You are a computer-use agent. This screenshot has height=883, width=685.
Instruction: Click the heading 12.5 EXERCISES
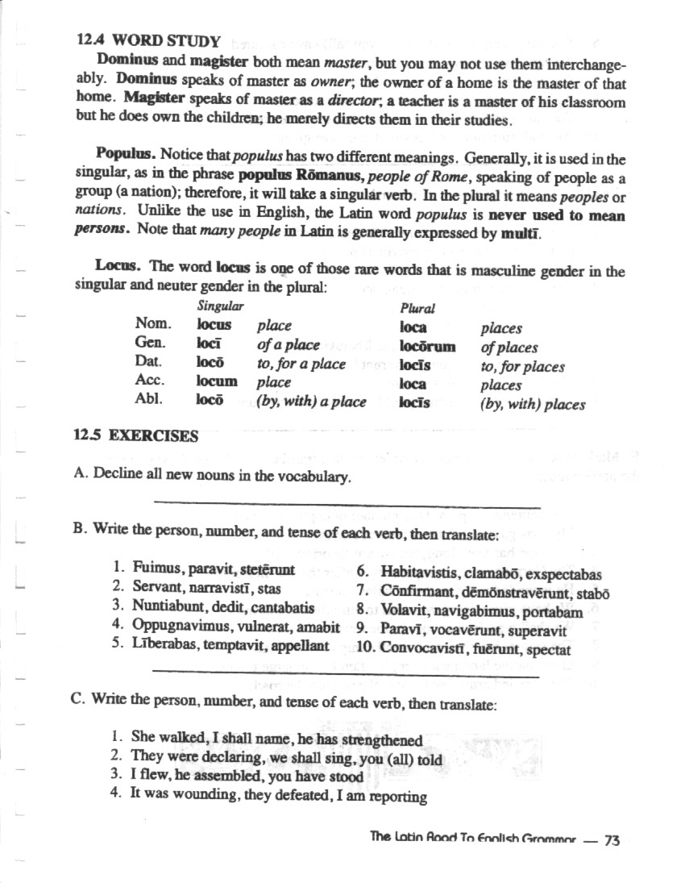click(135, 435)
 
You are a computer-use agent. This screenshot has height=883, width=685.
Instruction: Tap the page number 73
click(612, 840)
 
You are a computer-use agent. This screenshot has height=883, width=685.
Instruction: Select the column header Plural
click(417, 308)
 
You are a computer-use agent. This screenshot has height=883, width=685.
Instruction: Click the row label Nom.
click(153, 324)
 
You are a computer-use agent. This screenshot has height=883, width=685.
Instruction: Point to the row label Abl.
click(151, 398)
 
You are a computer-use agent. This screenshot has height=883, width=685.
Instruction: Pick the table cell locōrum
click(427, 347)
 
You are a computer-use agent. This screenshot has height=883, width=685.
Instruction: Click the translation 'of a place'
click(288, 344)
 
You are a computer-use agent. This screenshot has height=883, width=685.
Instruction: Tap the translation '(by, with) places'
click(532, 405)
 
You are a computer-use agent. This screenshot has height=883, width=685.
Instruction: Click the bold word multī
click(524, 234)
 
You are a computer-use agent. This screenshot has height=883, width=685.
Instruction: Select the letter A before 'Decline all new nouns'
click(78, 474)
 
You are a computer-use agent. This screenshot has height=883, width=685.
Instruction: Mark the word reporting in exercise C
click(396, 797)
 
